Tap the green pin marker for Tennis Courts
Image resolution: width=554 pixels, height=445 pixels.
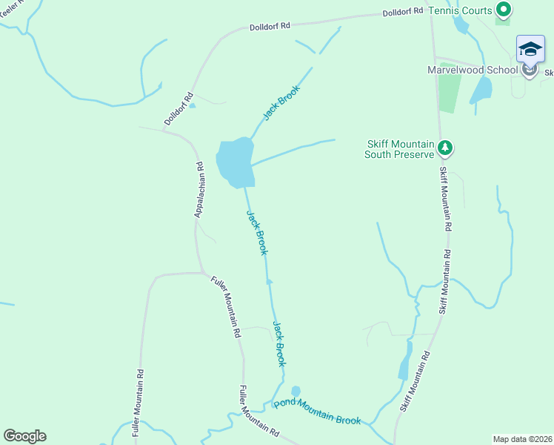pyautogui.click(x=504, y=10)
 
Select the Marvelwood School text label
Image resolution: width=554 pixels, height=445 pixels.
pyautogui.click(x=473, y=70)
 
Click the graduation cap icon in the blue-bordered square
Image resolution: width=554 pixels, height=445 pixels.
pyautogui.click(x=530, y=49)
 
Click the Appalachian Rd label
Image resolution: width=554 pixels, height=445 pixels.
pyautogui.click(x=198, y=191)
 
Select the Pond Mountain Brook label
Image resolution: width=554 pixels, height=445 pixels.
pyautogui.click(x=317, y=412)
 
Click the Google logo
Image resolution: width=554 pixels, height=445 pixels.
pyautogui.click(x=24, y=435)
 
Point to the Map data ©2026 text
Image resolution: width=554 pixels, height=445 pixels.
pyautogui.click(x=521, y=438)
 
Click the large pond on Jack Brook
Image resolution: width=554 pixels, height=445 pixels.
pyautogui.click(x=236, y=162)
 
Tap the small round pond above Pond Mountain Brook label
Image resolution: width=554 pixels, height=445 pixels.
pyautogui.click(x=296, y=391)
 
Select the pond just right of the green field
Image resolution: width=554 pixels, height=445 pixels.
pyautogui.click(x=481, y=90)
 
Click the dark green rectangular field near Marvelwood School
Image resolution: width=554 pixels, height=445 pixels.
pyautogui.click(x=449, y=93)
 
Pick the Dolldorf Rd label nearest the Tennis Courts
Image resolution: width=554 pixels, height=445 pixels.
pyautogui.click(x=403, y=13)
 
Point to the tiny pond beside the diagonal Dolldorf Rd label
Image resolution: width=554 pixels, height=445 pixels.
pyautogui.click(x=193, y=105)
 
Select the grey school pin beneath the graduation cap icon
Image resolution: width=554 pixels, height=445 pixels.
pyautogui.click(x=530, y=71)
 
